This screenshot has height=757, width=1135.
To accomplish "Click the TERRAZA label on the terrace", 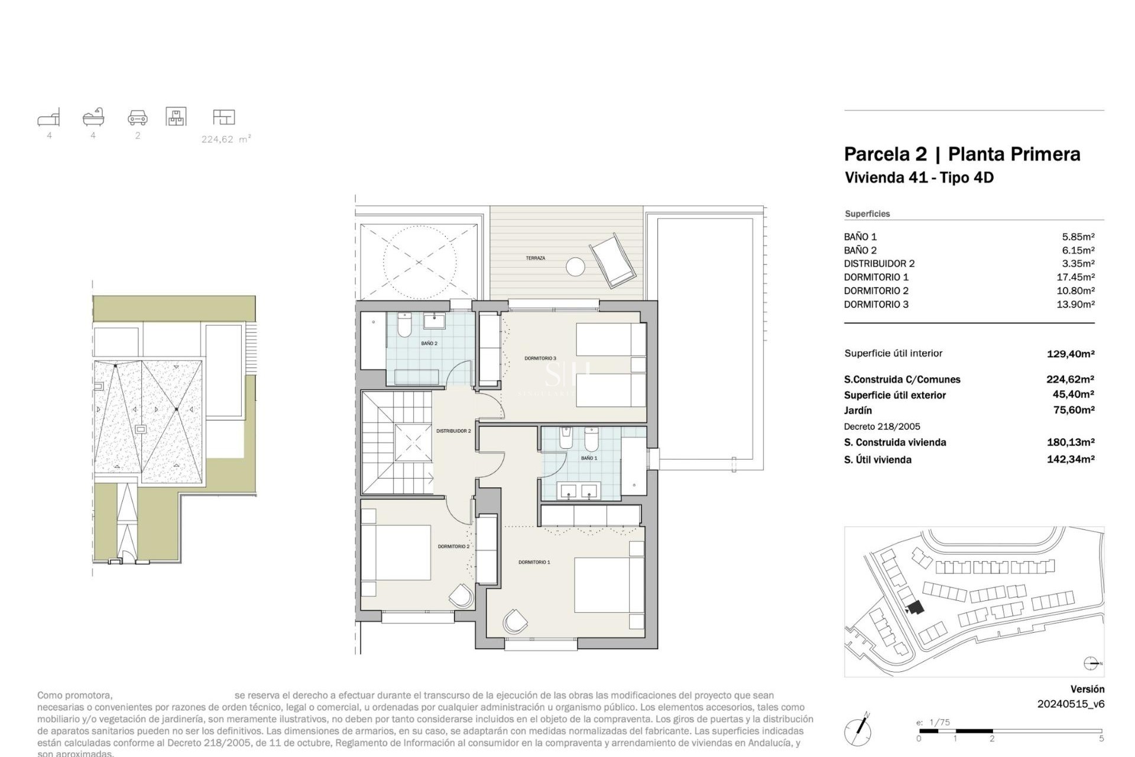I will (535, 258).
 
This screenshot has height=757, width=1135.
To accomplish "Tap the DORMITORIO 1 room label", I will (534, 562).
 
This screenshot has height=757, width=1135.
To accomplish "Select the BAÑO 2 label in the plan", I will (429, 344).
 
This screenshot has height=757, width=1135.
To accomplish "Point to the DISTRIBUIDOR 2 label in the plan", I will (453, 431).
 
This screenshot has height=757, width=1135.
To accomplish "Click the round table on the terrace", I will (575, 267).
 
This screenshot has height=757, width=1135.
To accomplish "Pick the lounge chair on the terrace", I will (613, 261).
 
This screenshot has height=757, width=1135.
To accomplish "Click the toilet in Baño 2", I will (404, 325).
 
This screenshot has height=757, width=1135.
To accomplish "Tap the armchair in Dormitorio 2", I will (462, 596).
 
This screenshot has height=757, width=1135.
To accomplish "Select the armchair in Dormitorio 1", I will (515, 622).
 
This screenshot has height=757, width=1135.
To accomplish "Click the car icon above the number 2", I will (137, 118).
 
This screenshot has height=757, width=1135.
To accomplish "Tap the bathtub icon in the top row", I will (93, 117).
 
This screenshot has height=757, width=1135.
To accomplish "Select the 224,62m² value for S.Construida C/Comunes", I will (1070, 380).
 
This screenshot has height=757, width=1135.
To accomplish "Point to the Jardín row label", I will (858, 410).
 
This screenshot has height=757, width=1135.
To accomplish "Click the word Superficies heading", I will (867, 214).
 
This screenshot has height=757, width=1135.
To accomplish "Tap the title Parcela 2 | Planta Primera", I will (962, 154).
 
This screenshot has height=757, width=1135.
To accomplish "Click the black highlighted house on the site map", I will (916, 607).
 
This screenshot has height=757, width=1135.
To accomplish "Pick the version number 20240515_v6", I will (1071, 704).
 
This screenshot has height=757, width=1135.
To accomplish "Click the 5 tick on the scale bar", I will (1101, 739).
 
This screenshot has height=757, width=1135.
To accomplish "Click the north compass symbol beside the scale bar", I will (858, 730).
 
